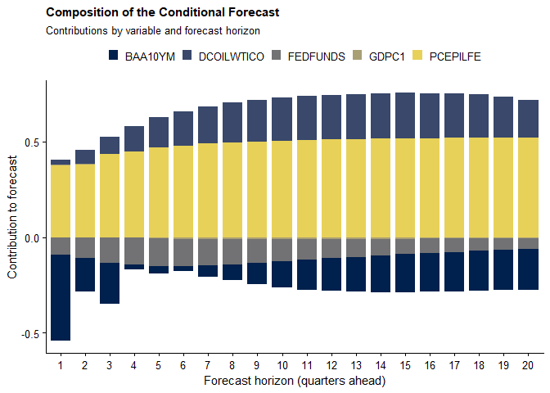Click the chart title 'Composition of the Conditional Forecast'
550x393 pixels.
(163, 13)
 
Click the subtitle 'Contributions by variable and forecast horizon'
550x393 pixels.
(153, 31)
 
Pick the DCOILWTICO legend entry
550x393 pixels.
(222, 56)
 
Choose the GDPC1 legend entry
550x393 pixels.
(385, 56)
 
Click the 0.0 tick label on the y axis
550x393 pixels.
(34, 238)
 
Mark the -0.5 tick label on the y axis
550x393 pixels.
(32, 334)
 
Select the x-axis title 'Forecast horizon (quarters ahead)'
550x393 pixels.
(294, 381)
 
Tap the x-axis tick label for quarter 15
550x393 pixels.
(405, 364)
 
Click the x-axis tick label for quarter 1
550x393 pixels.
(61, 364)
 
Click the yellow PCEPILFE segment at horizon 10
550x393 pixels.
(282, 189)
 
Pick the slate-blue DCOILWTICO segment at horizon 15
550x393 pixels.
(405, 115)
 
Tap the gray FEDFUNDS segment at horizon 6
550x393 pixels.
(183, 251)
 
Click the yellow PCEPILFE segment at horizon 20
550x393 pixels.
(529, 187)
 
